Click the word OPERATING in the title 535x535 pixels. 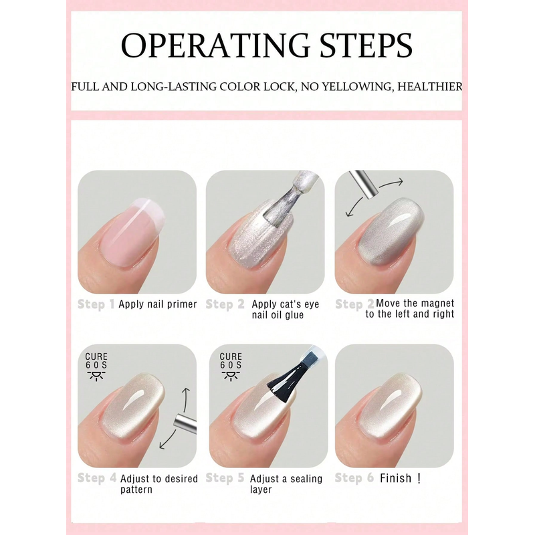coord(215,45)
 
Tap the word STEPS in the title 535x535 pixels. coord(366,45)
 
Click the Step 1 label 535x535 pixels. coord(96,304)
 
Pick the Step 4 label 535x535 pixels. coord(97,477)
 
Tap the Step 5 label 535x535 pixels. coord(225,477)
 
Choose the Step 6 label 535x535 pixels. coord(354,477)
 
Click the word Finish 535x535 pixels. coord(396,478)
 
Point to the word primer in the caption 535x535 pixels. coord(182,304)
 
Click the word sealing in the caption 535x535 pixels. coord(306,479)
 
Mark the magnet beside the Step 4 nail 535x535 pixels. coord(185,423)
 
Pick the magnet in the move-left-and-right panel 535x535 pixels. coord(363,184)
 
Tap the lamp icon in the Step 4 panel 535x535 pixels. coord(96,376)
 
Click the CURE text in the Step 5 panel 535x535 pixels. coord(231,356)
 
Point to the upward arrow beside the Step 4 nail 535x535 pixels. coord(186,399)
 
